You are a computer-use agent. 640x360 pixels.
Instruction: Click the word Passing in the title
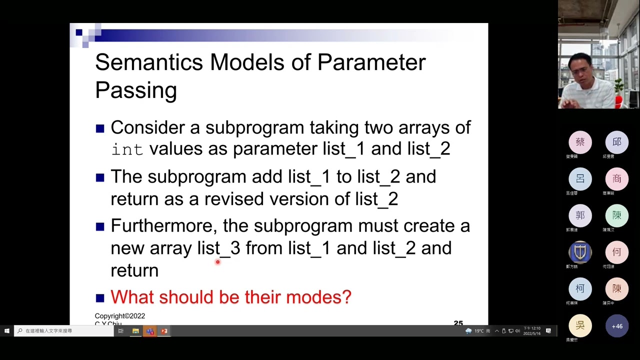pyautogui.click(x=135, y=90)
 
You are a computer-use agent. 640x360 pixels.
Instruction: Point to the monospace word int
pyautogui.click(x=127, y=149)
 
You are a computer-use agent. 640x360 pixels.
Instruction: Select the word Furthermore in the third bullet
pyautogui.click(x=163, y=226)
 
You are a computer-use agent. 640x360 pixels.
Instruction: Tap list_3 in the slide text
pyautogui.click(x=218, y=248)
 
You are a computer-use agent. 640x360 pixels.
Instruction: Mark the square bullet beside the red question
pyautogui.click(x=100, y=298)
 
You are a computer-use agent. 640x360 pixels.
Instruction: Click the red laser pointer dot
pyautogui.click(x=217, y=261)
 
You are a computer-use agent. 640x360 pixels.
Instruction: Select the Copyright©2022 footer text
pyautogui.click(x=120, y=316)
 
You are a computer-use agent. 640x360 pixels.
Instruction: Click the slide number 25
pyautogui.click(x=458, y=323)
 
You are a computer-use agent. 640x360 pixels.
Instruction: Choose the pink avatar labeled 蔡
pyautogui.click(x=580, y=142)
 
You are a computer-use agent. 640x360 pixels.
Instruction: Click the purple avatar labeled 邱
pyautogui.click(x=616, y=142)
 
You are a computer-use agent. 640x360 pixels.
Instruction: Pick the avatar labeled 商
pyautogui.click(x=616, y=179)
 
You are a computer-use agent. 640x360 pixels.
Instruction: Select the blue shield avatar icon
pyautogui.click(x=580, y=252)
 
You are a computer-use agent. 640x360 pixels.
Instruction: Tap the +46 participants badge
pyautogui.click(x=616, y=326)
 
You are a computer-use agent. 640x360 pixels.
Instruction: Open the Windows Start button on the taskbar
pyautogui.click(x=6, y=331)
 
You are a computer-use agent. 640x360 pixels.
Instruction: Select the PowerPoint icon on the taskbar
pyautogui.click(x=164, y=331)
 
